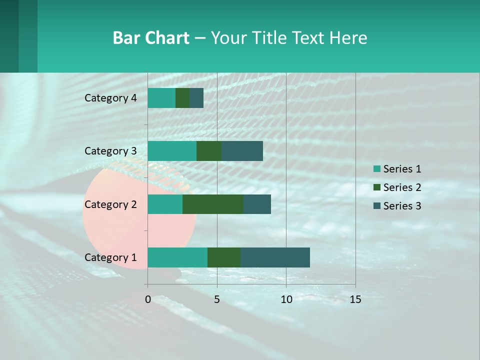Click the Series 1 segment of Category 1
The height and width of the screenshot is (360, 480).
[x=177, y=257]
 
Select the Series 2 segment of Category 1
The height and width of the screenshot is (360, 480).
[x=224, y=257]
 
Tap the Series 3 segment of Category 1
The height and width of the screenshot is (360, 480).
[x=275, y=257]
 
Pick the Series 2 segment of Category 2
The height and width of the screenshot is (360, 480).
[x=213, y=204]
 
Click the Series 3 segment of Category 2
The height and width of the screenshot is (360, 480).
[x=257, y=204]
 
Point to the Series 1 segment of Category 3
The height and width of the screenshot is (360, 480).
[x=172, y=151]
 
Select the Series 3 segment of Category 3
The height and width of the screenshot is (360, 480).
[x=242, y=151]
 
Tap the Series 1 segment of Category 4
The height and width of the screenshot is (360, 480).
[x=161, y=98]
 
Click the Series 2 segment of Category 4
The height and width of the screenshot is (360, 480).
[x=182, y=98]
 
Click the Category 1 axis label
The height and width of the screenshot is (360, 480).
[x=110, y=257]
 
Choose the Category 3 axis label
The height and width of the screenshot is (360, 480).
[x=110, y=151]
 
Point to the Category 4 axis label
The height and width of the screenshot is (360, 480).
[x=110, y=98]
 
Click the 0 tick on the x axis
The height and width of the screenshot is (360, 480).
[x=148, y=299]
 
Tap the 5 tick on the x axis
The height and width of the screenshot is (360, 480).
[x=217, y=299]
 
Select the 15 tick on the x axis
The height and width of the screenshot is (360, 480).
[x=355, y=299]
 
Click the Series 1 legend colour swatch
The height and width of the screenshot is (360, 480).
[x=376, y=169]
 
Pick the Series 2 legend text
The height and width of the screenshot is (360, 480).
[x=402, y=187]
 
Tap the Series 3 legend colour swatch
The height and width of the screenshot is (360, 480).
[x=376, y=206]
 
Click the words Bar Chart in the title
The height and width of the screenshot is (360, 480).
[x=151, y=38]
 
